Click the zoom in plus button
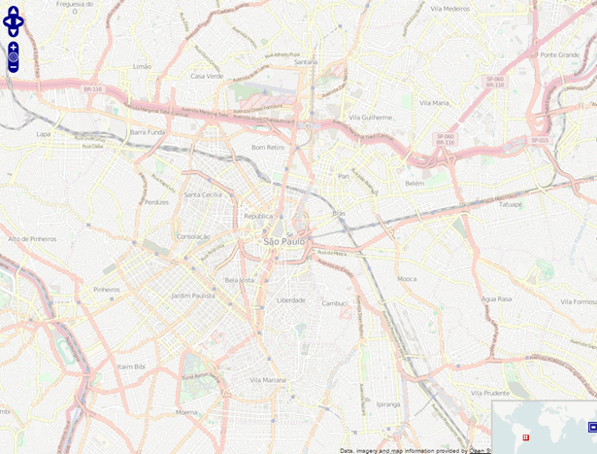13,47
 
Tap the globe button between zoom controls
13,57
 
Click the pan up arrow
13,11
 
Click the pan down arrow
13,30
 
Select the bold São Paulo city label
284,241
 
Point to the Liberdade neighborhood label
291,300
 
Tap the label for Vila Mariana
268,380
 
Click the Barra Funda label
148,131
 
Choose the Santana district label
306,61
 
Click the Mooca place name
407,279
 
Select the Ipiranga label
388,403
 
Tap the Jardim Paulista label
192,295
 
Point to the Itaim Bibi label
131,367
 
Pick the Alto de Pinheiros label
32,238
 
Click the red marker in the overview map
526,437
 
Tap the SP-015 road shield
540,140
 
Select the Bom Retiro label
268,147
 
